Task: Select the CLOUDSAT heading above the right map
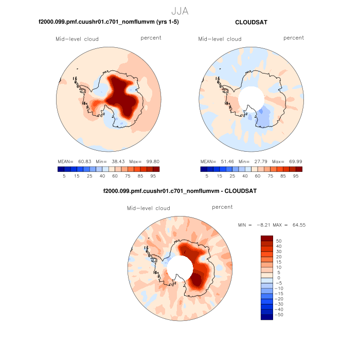(251, 23)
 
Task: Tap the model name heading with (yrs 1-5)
(109, 23)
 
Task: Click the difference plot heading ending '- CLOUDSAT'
(179, 191)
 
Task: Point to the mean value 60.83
(83, 161)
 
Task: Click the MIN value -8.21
(261, 225)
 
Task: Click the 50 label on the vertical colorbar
(279, 241)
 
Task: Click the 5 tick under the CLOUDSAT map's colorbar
(207, 176)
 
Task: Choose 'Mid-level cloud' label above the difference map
(148, 208)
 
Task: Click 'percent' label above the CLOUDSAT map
(293, 38)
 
